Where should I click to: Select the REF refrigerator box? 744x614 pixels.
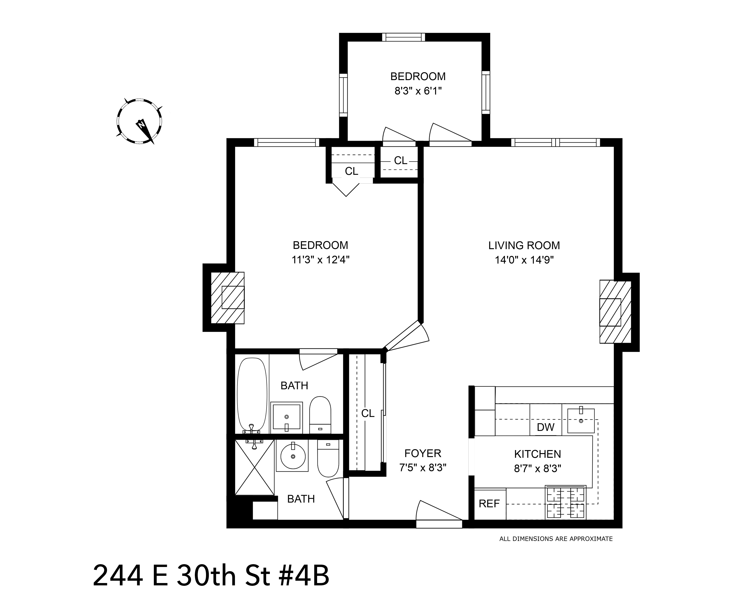[x=489, y=504]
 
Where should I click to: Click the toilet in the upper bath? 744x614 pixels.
[x=320, y=414]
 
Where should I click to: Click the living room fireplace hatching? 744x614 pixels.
[x=615, y=312]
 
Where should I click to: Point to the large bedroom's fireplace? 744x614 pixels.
[x=228, y=297]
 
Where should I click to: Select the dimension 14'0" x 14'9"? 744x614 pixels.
[x=524, y=260]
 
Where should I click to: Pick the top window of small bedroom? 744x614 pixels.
[x=403, y=37]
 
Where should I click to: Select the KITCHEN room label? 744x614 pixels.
[x=537, y=454]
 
